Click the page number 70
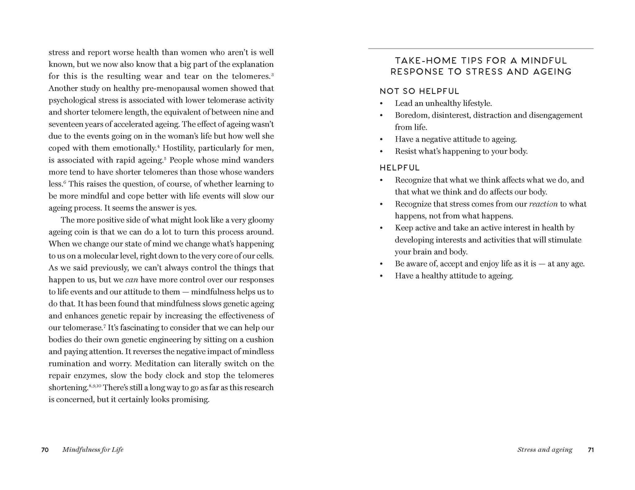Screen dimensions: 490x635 pyautogui.click(x=45, y=450)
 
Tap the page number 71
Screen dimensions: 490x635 pyautogui.click(x=591, y=450)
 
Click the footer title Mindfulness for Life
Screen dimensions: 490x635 pyautogui.click(x=93, y=450)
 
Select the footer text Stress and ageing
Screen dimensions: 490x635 pyautogui.click(x=545, y=450)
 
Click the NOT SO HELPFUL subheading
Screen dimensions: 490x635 pyautogui.click(x=419, y=91)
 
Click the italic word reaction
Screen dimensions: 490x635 pyautogui.click(x=543, y=204)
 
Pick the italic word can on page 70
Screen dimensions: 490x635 pyautogui.click(x=131, y=280)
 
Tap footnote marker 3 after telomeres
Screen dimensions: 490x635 pyautogui.click(x=272, y=75)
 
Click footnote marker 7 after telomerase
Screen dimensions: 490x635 pyautogui.click(x=104, y=326)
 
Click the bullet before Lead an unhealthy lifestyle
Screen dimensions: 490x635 pyautogui.click(x=381, y=104)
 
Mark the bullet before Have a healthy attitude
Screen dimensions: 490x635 pyautogui.click(x=381, y=276)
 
